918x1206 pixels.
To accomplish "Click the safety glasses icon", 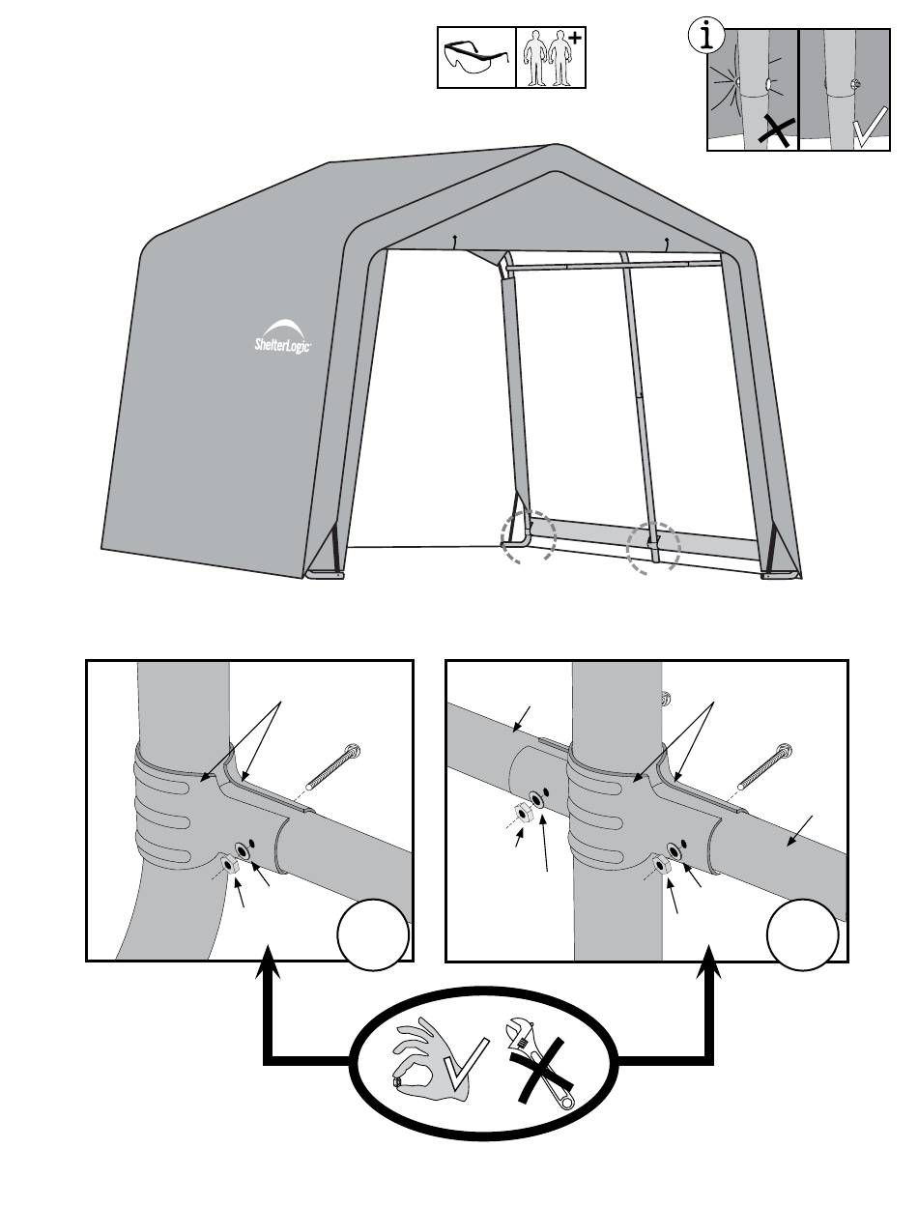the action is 475,57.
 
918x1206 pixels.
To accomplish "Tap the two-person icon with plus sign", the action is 552,57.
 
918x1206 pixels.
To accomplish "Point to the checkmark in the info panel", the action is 869,129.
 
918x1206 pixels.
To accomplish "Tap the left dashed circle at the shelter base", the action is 528,536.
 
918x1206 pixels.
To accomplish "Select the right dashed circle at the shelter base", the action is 654,552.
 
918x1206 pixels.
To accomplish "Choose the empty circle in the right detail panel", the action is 804,934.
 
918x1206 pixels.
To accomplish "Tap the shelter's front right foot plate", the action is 780,576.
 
